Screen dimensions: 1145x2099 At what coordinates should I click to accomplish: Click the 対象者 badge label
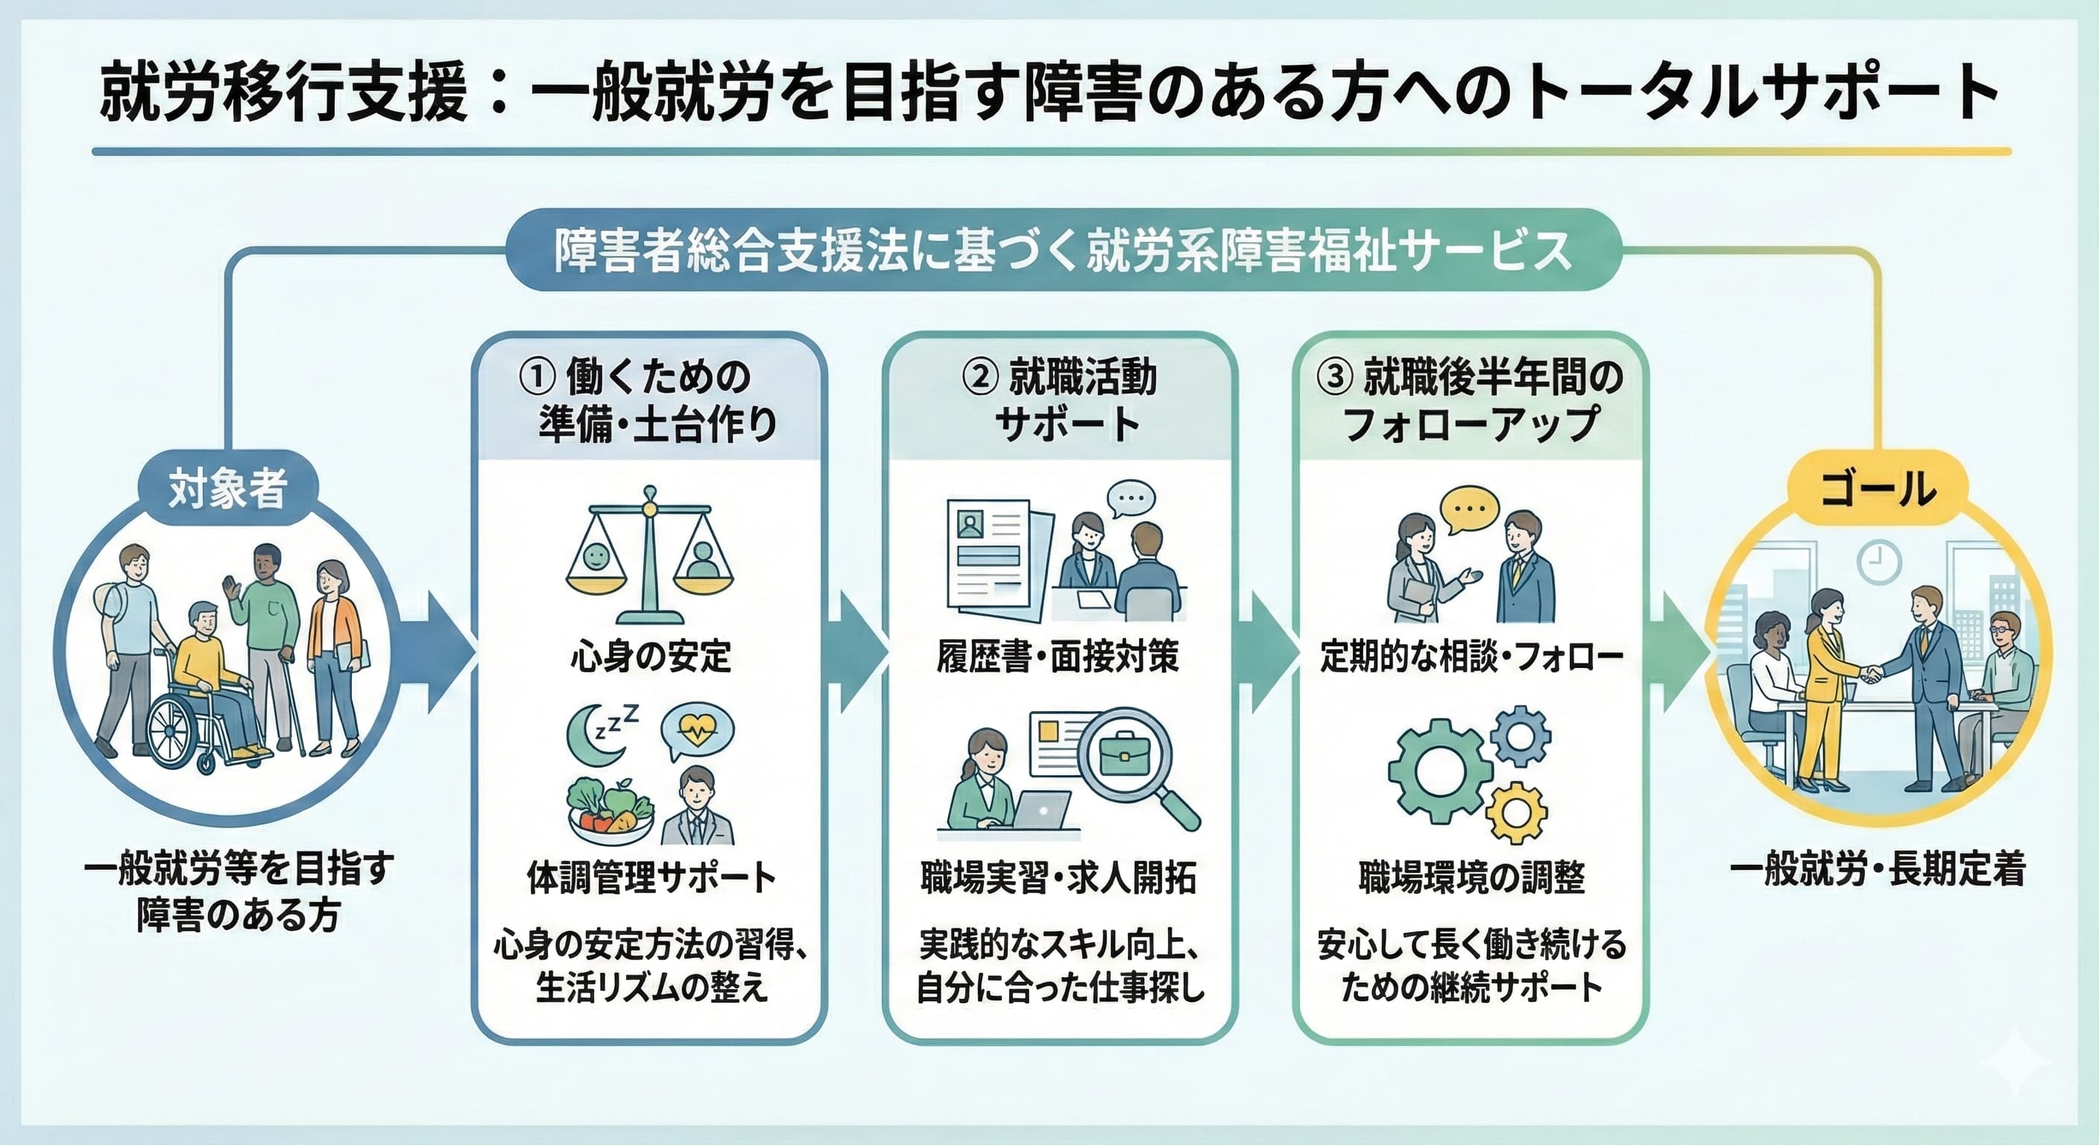[227, 489]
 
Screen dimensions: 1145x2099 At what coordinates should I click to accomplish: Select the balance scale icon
[649, 555]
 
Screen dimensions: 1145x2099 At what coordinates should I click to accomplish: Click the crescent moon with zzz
[600, 734]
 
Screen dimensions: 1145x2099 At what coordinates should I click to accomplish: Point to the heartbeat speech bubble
[698, 731]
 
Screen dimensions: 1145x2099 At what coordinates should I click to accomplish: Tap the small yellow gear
[1515, 812]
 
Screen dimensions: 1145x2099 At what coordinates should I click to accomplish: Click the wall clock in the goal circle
[1879, 562]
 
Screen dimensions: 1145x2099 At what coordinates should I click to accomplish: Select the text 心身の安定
[650, 657]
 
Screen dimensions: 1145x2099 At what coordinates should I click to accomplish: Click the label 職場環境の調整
[1471, 877]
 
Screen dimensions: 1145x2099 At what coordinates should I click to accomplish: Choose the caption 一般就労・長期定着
[1878, 868]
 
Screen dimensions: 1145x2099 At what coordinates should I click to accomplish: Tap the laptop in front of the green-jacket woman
[1042, 811]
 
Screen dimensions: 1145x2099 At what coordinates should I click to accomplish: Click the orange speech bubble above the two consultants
[1469, 508]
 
